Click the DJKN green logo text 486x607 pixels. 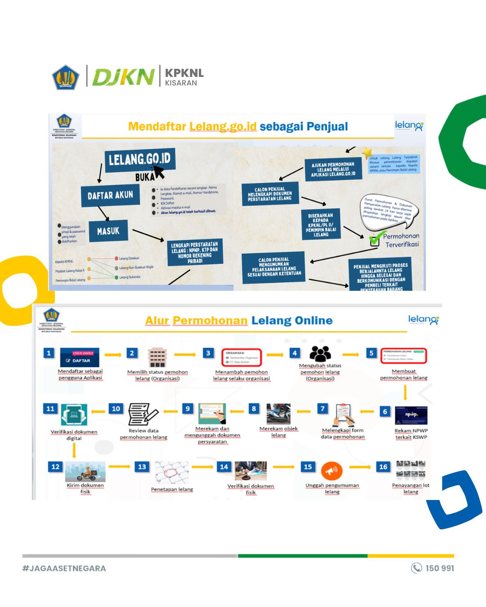point(123,77)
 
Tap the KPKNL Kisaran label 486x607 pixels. point(184,77)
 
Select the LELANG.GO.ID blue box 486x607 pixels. point(140,159)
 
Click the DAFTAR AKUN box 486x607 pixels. point(110,195)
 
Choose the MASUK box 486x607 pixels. point(108,231)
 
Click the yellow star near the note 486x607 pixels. point(367,152)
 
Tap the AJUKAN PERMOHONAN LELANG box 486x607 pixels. point(333,170)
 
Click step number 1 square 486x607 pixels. point(49,353)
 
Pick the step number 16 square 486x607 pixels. point(383,467)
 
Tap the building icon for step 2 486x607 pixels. point(157,358)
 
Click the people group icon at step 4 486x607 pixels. point(320,354)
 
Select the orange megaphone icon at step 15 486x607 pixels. point(332,471)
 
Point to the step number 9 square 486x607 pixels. point(188,408)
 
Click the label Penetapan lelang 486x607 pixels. point(172,489)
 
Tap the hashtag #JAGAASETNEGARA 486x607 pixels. point(64,568)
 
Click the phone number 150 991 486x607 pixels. point(440,568)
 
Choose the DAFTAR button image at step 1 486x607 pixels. point(80,357)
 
